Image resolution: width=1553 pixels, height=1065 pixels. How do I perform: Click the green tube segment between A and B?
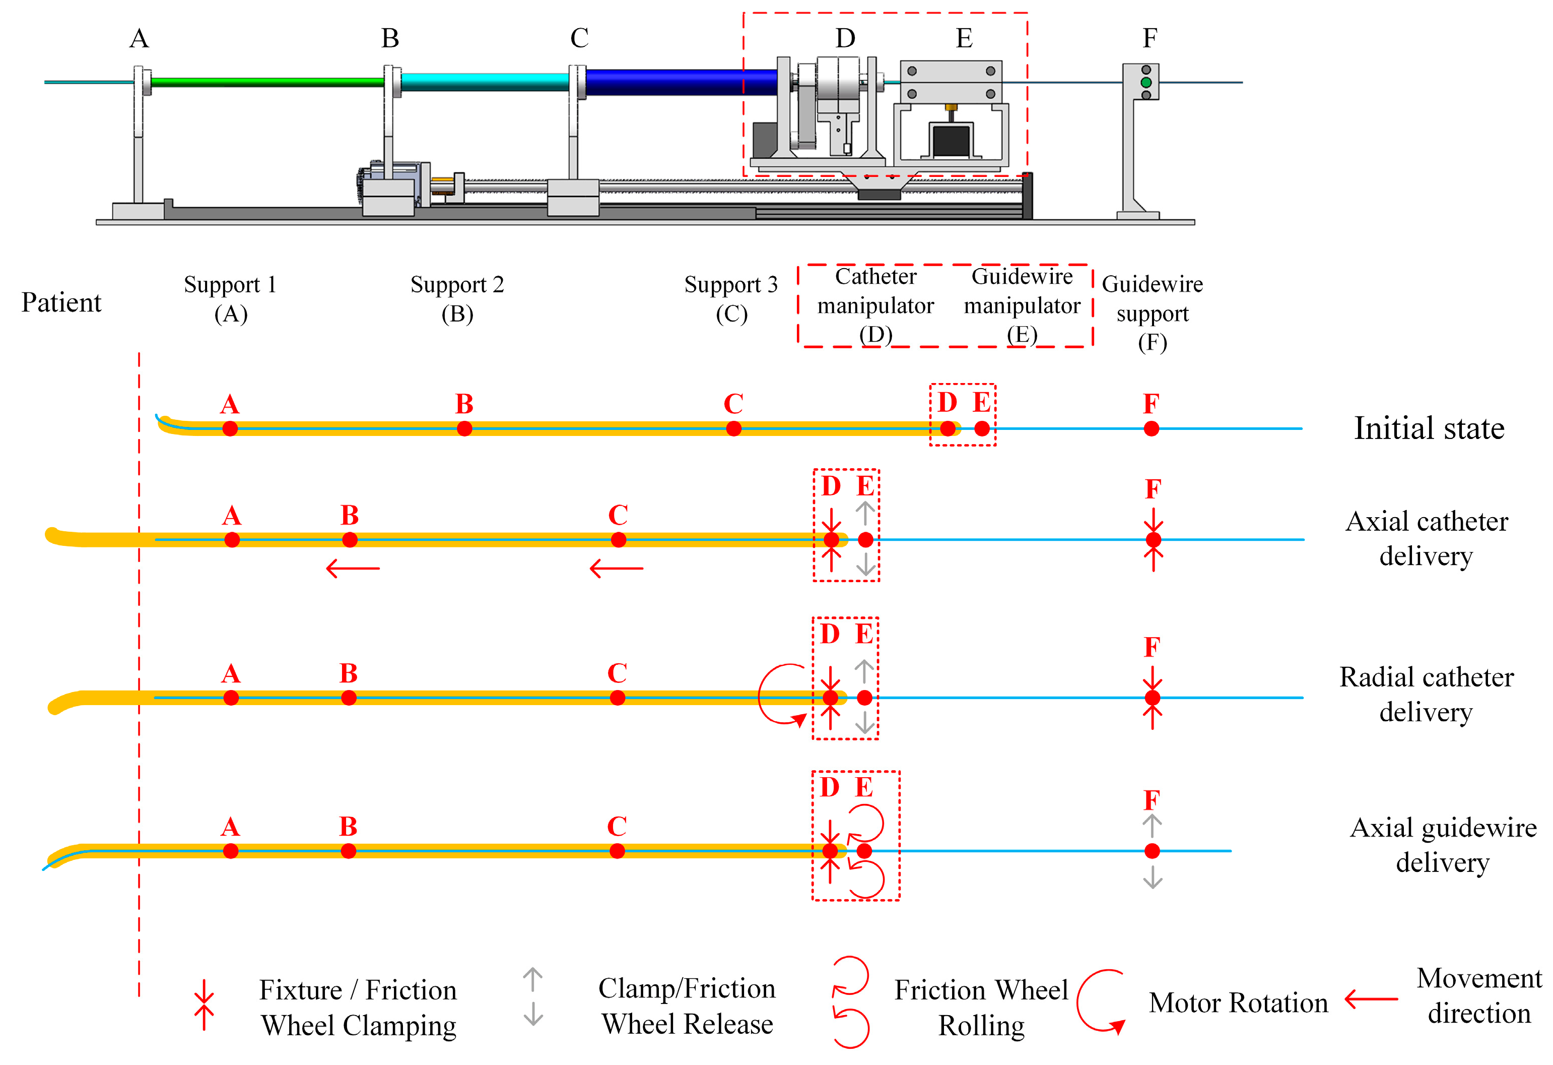click(267, 82)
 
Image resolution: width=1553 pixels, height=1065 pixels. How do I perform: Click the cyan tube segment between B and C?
click(485, 82)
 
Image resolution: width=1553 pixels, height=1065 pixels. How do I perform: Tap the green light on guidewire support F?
click(1146, 82)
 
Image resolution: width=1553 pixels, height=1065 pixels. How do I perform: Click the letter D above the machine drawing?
click(845, 38)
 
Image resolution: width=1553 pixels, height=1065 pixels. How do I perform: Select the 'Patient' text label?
click(61, 302)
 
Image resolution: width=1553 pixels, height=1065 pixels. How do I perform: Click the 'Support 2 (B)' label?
click(457, 299)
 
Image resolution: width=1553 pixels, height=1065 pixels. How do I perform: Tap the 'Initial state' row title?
click(1429, 428)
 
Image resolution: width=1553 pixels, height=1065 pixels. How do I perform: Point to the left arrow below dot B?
click(353, 568)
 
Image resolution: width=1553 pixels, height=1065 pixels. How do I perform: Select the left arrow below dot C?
click(616, 568)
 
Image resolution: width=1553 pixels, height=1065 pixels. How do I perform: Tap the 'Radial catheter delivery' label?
click(1426, 694)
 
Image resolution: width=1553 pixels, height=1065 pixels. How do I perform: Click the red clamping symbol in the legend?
click(204, 1005)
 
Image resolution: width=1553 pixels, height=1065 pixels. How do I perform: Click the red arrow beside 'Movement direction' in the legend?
click(1371, 999)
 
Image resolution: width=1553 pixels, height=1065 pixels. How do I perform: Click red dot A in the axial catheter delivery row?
click(232, 539)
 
